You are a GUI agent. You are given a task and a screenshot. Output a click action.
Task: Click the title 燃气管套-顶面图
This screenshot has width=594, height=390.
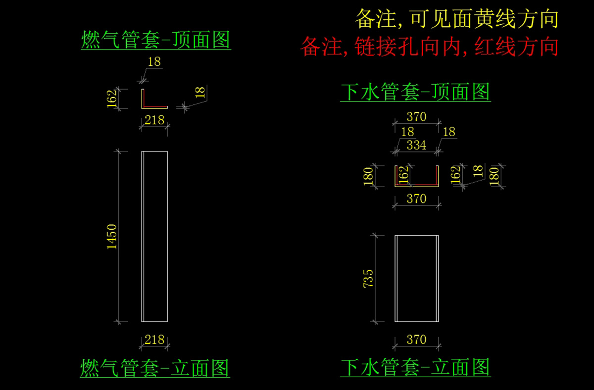click(156, 40)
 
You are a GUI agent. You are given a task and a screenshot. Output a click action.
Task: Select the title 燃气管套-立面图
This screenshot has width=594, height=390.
click(155, 368)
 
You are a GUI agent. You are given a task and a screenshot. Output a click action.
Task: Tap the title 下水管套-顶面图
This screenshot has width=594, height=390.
click(415, 92)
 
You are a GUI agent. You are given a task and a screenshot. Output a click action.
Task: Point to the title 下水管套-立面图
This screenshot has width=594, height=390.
click(415, 367)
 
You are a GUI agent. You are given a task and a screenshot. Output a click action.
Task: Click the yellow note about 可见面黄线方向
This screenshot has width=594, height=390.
click(456, 19)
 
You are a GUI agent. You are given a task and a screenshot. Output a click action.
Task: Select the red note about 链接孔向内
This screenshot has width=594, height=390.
click(429, 47)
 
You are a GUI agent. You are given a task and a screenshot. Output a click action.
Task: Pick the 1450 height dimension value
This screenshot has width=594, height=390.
click(112, 236)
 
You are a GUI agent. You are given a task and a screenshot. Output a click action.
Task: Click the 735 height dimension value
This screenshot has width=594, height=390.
click(368, 278)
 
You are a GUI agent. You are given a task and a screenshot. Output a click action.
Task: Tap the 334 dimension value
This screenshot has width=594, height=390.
click(416, 145)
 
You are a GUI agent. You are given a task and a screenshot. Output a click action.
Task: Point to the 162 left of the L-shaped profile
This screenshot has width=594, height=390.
click(112, 98)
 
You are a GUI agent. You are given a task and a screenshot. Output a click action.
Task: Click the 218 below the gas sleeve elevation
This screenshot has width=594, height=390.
click(154, 340)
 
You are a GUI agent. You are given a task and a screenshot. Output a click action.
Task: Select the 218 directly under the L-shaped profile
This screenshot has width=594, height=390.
click(154, 120)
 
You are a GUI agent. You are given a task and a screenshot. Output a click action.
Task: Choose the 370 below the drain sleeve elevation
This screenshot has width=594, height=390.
click(416, 340)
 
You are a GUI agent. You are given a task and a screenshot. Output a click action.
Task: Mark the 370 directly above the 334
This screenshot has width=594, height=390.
click(416, 117)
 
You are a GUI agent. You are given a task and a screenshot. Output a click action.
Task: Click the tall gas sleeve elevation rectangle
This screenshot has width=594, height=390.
click(154, 236)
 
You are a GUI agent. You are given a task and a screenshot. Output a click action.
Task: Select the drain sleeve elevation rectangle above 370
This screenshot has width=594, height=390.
click(416, 278)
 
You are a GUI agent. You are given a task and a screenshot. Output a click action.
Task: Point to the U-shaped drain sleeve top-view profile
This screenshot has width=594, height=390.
click(416, 184)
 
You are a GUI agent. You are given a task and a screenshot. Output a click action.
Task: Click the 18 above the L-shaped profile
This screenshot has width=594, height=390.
click(154, 62)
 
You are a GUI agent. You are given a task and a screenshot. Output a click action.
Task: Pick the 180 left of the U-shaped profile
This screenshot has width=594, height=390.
click(368, 176)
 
